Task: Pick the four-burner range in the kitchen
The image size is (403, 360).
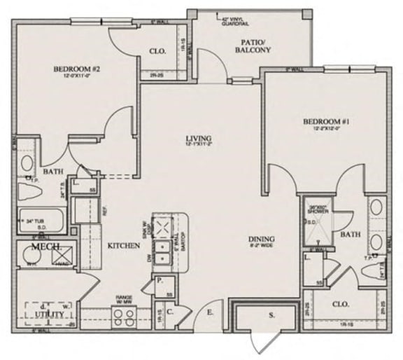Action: (x=124, y=314)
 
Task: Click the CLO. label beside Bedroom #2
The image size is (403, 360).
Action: (x=157, y=50)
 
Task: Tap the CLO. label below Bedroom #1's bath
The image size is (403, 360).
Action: (x=342, y=305)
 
